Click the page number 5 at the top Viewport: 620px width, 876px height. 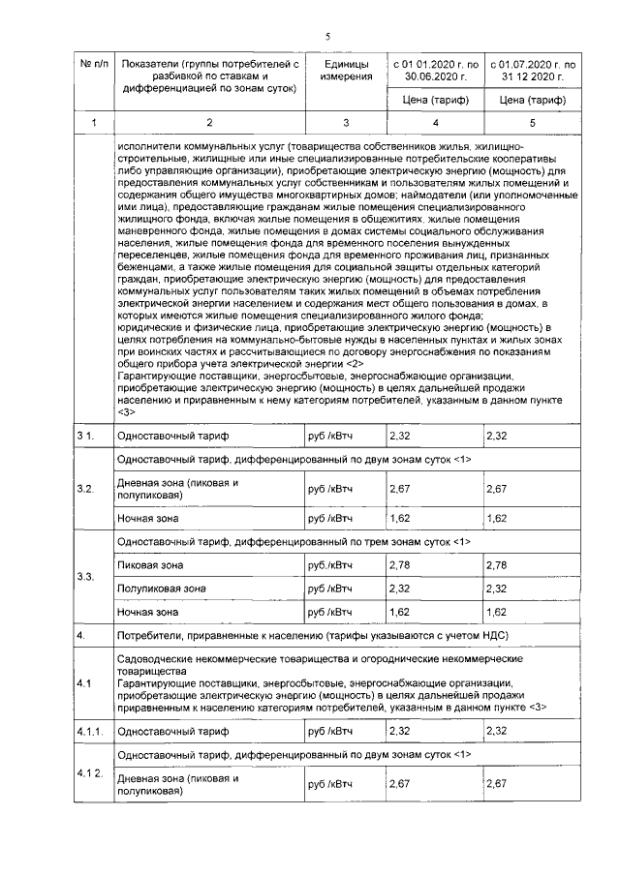(x=327, y=36)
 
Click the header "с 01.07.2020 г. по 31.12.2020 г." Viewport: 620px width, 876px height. (x=532, y=70)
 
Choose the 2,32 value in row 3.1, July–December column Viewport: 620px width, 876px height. (x=497, y=437)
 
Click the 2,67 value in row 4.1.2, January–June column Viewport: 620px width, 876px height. (x=400, y=782)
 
